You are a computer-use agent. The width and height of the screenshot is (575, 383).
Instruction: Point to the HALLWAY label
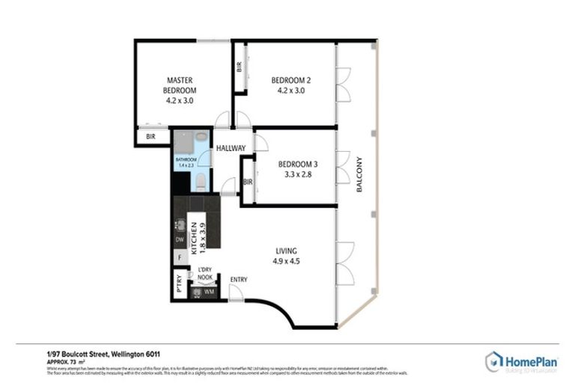pyautogui.click(x=231, y=148)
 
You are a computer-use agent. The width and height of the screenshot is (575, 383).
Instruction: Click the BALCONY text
pyautogui.click(x=360, y=174)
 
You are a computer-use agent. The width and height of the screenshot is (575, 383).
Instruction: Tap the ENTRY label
pyautogui.click(x=239, y=280)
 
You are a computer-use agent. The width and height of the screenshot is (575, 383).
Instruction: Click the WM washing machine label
pyautogui.click(x=209, y=291)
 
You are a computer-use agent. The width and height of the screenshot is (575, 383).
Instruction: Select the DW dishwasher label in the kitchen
pyautogui.click(x=180, y=239)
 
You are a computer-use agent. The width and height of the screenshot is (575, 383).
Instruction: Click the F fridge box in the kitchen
pyautogui.click(x=180, y=258)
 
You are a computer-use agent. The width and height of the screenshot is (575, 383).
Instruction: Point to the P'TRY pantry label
pyautogui.click(x=179, y=286)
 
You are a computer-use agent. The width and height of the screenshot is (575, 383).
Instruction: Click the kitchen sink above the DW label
pyautogui.click(x=180, y=224)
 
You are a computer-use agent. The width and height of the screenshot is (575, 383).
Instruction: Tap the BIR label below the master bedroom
pyautogui.click(x=150, y=137)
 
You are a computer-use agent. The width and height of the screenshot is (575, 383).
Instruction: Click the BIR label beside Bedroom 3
pyautogui.click(x=248, y=182)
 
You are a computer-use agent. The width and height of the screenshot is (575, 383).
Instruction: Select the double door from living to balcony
pyautogui.click(x=344, y=263)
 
